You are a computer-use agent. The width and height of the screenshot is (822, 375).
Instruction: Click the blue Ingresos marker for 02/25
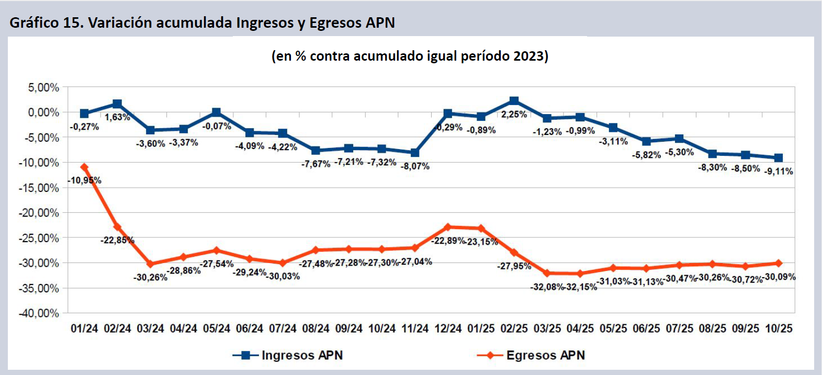click(514, 101)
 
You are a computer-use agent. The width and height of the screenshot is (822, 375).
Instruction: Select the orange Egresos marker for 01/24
click(84, 167)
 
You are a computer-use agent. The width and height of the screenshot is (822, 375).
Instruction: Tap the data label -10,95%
click(84, 180)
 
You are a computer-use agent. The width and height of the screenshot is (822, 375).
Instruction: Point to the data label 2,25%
click(514, 115)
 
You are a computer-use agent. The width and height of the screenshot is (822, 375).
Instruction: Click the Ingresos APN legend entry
click(288, 356)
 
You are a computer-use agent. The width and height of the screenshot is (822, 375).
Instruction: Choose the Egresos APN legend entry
click(531, 356)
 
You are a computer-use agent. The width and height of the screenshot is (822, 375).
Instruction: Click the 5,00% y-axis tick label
click(43, 87)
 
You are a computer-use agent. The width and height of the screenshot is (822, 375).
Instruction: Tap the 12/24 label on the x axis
click(448, 328)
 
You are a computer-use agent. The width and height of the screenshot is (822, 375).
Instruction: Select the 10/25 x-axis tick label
click(779, 328)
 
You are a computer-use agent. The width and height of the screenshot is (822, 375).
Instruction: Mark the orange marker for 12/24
click(448, 227)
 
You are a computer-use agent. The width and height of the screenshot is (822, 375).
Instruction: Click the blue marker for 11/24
click(415, 153)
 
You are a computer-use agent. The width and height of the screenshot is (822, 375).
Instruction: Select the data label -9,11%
click(779, 171)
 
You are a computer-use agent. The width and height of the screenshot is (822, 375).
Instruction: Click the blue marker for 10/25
click(779, 158)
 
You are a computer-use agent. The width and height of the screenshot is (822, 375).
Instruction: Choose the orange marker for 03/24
click(150, 264)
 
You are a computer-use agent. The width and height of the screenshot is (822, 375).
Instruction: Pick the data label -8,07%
click(415, 166)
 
